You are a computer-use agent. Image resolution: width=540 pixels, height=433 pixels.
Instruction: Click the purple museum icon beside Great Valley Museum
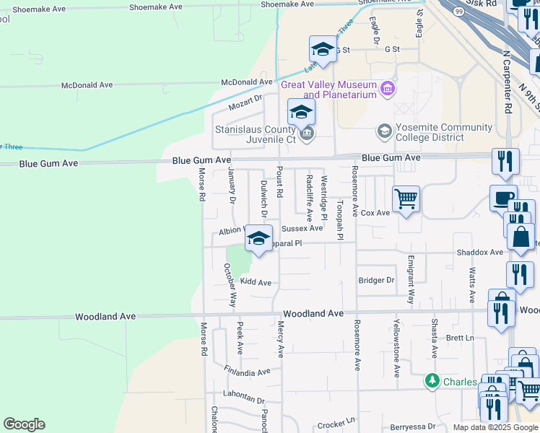(388, 89)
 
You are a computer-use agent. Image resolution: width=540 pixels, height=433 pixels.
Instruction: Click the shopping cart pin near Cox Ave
(406, 199)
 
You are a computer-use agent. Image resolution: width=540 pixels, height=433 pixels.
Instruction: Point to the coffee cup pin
(503, 197)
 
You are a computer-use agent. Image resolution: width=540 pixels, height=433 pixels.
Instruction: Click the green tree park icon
(432, 380)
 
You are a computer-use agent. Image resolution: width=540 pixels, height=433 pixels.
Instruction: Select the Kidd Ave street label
(256, 282)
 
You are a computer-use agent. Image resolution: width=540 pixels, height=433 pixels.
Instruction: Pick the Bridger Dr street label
(376, 280)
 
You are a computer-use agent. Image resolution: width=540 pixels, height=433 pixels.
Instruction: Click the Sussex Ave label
(302, 228)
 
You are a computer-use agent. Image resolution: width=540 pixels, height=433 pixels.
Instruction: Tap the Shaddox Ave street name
(479, 252)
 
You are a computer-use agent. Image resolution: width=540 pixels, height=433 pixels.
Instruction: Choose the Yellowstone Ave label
(396, 347)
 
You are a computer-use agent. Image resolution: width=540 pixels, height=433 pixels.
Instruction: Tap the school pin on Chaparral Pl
(258, 239)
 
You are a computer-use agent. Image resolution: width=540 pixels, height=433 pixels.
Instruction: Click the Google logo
(24, 424)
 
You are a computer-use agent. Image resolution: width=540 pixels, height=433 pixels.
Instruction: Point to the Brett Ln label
(459, 338)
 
